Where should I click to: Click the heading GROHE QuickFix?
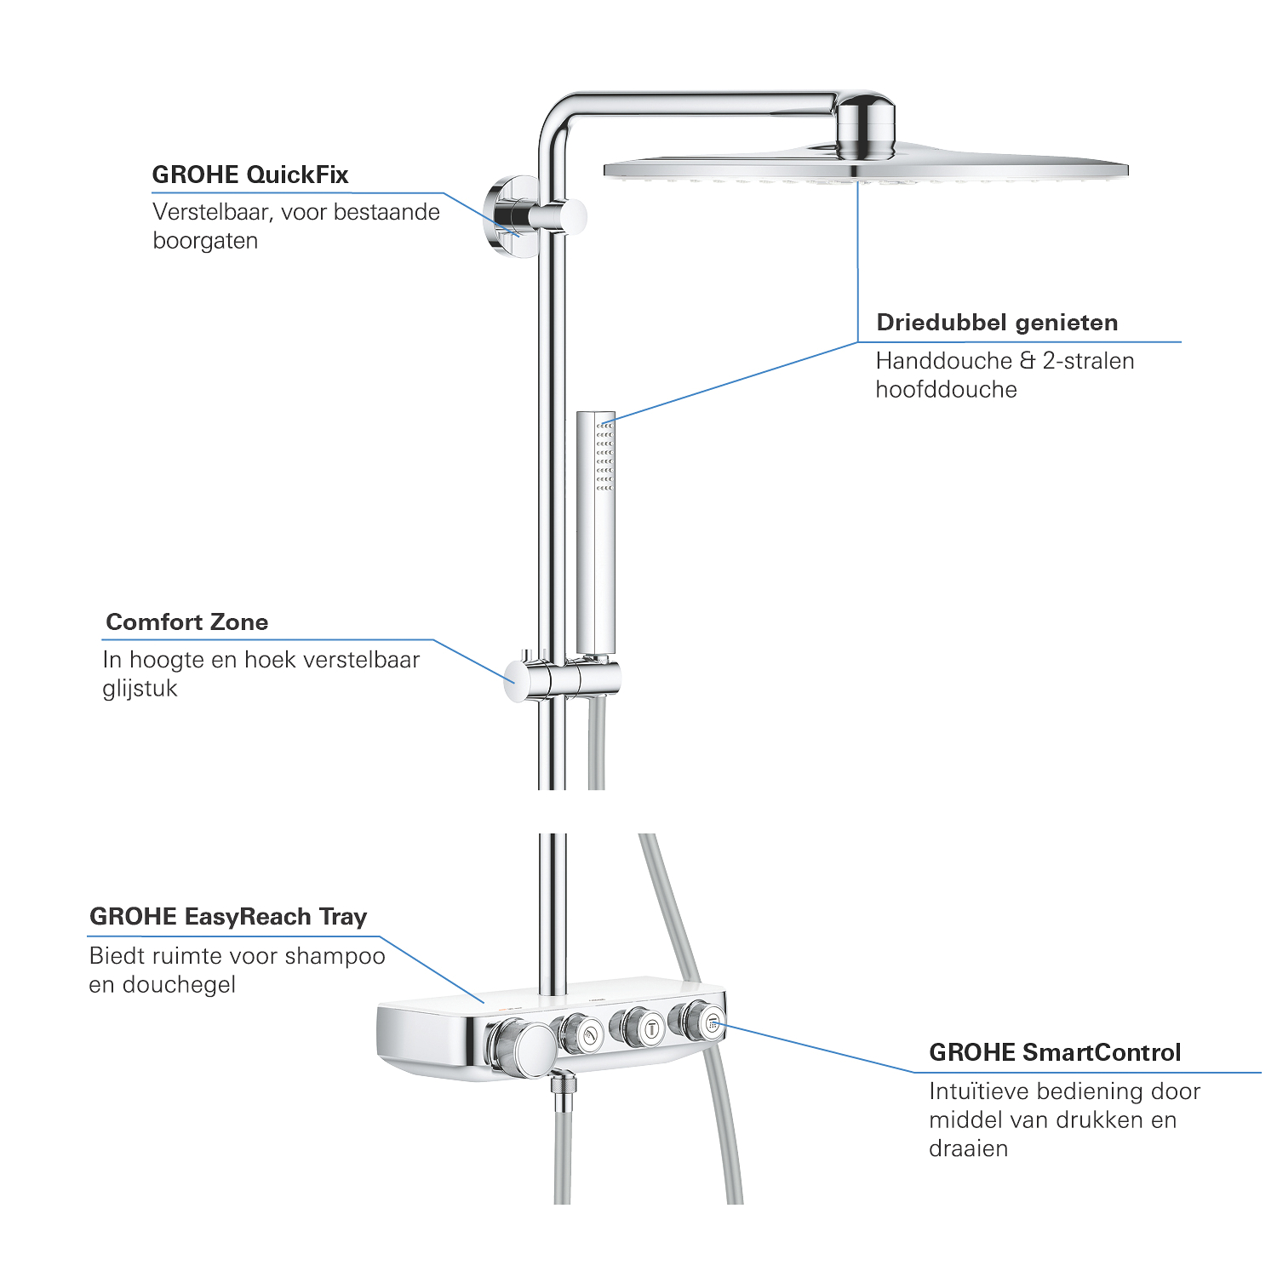click(x=250, y=175)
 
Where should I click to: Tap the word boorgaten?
click(x=205, y=241)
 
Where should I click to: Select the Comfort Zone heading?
click(x=187, y=622)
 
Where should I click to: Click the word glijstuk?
click(x=140, y=689)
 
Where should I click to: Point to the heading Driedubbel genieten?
click(x=997, y=323)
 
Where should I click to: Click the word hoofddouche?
click(x=947, y=390)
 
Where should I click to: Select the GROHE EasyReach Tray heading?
click(x=228, y=917)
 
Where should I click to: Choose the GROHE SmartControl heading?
click(x=1055, y=1053)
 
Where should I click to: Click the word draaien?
click(x=969, y=1148)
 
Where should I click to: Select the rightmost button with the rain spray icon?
click(x=713, y=1023)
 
